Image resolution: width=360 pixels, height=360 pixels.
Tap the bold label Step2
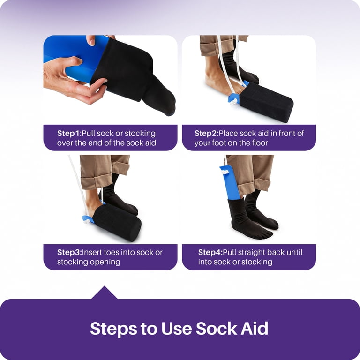coord(207,133)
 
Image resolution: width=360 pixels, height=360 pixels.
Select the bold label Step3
coord(69,252)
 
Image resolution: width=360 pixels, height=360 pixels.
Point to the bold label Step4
coord(210,252)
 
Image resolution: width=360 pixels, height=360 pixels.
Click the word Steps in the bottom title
coord(113,329)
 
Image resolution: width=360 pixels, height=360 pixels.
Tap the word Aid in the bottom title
coord(255,328)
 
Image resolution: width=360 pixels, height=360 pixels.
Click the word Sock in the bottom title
coord(217,328)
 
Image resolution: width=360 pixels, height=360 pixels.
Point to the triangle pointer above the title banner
coord(105,292)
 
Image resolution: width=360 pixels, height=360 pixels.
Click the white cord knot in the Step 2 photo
coord(233,101)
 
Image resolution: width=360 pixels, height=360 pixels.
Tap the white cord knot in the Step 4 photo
coord(225,172)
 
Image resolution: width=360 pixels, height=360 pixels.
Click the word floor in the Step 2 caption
coord(260,143)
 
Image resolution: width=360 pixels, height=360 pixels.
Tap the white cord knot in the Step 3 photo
coord(87,221)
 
